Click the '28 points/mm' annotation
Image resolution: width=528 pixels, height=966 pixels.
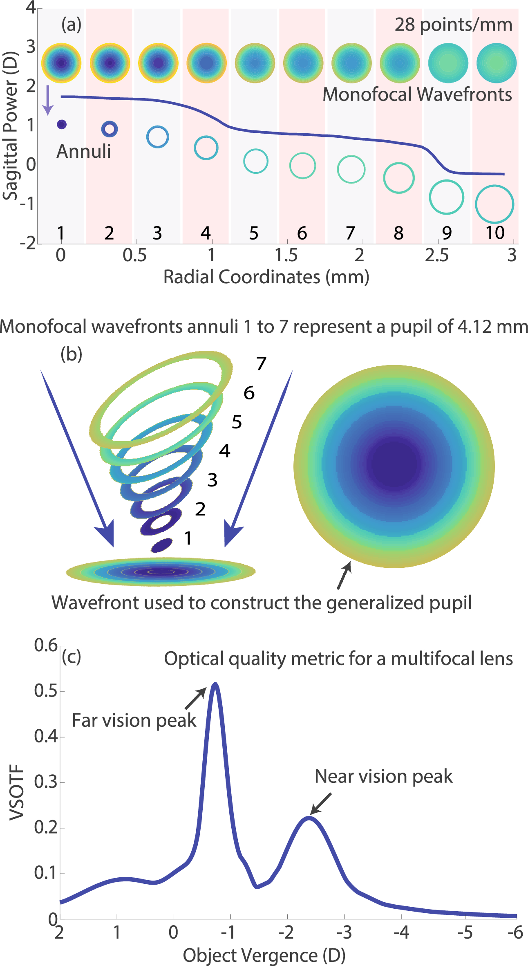[453, 25]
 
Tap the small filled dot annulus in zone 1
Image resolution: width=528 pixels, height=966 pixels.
[62, 124]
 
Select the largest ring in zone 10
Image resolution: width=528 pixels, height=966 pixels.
[494, 204]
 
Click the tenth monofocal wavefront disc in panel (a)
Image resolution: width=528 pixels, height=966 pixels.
[497, 63]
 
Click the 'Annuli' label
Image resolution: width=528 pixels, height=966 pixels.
[84, 151]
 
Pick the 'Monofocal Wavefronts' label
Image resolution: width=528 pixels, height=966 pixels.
[417, 94]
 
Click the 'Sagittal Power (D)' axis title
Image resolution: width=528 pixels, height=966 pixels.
[11, 126]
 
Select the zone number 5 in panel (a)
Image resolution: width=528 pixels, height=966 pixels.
[254, 233]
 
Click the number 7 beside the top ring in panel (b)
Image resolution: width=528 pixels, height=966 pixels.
[261, 363]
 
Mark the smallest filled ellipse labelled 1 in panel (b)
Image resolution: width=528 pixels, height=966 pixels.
[162, 545]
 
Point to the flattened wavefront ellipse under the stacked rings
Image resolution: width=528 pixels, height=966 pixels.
[161, 572]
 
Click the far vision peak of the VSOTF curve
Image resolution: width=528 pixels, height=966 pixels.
[215, 684]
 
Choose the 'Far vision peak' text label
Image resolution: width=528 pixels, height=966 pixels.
[134, 720]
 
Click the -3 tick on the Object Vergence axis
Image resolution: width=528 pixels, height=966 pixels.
[344, 932]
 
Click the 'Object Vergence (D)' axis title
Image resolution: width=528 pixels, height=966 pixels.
[264, 955]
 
